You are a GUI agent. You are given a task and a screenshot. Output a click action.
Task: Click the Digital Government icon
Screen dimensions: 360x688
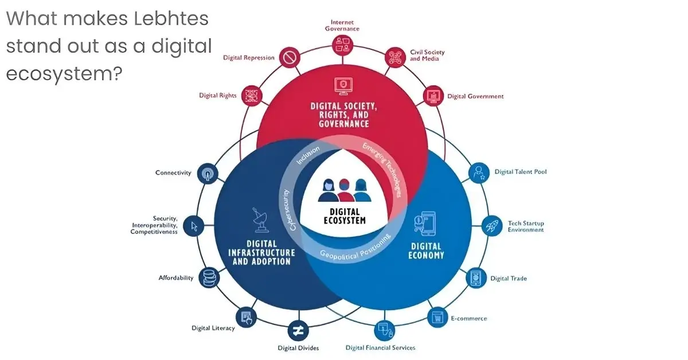pyautogui.click(x=433, y=95)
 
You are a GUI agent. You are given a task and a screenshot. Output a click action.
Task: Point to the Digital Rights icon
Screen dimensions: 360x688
pyautogui.click(x=251, y=95)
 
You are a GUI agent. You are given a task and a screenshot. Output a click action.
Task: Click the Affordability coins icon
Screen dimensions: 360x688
pyautogui.click(x=209, y=278)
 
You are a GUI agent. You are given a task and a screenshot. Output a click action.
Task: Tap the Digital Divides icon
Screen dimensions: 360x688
pyautogui.click(x=298, y=330)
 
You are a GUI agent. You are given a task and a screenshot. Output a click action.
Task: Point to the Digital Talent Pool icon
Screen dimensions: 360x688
pyautogui.click(x=478, y=173)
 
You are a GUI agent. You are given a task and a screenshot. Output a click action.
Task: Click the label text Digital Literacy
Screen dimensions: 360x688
pyautogui.click(x=213, y=328)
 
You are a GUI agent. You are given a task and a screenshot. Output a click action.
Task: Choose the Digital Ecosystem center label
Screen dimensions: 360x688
pyautogui.click(x=344, y=216)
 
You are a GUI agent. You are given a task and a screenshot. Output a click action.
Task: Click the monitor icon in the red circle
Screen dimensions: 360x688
pyautogui.click(x=342, y=86)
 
